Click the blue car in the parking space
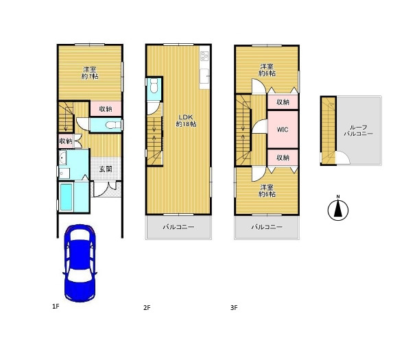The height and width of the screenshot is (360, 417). [80, 263]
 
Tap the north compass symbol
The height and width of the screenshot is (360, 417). [338, 209]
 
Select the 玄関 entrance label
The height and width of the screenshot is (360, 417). [106, 169]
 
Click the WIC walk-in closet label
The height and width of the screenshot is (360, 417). [283, 130]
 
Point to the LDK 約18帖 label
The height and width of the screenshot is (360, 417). [186, 121]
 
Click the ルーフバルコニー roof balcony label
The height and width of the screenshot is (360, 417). [359, 130]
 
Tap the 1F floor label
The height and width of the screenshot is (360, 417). [56, 307]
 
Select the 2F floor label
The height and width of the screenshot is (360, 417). [147, 308]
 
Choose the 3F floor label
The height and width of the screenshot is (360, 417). [234, 308]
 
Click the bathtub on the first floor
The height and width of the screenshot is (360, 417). [67, 197]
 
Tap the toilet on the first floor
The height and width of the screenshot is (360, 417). [111, 125]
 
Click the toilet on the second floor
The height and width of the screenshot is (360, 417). [154, 86]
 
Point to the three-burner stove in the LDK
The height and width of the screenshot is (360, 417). [205, 56]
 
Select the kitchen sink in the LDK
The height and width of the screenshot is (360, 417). [204, 76]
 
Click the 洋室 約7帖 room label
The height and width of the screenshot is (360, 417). [90, 73]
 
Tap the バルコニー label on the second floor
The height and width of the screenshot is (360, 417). [178, 227]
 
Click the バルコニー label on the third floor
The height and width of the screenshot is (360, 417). [267, 227]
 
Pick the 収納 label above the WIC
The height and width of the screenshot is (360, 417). [283, 102]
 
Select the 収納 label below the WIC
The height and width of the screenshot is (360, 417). [283, 158]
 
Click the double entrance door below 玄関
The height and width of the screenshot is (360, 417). [106, 189]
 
